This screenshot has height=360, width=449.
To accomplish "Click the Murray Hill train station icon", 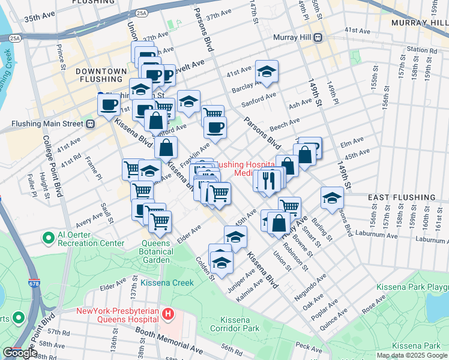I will tap(318, 38).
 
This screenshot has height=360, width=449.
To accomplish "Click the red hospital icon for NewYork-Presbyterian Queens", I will tap(169, 313).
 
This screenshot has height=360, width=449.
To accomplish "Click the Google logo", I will tap(20, 353).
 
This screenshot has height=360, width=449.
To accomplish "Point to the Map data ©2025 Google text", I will tap(412, 355).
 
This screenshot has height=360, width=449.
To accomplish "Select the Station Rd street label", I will tap(420, 49).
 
